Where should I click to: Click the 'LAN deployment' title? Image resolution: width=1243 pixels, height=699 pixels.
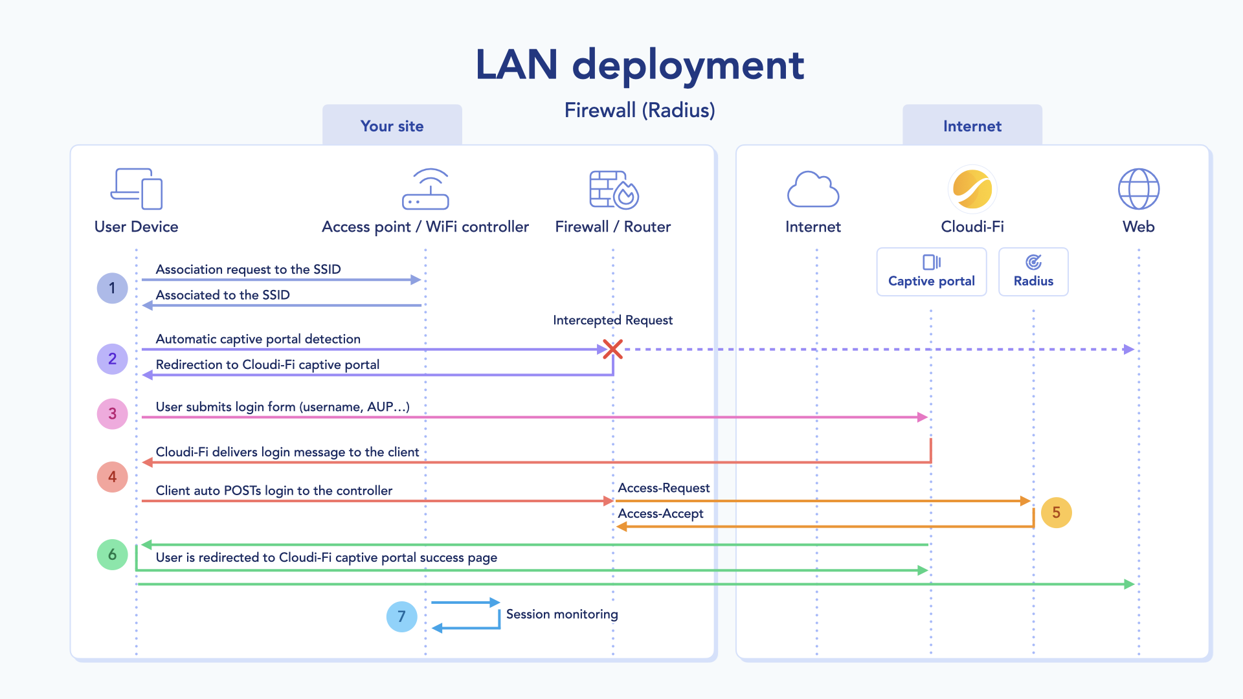pyautogui.click(x=640, y=65)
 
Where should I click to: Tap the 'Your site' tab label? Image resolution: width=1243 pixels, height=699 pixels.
pyautogui.click(x=392, y=126)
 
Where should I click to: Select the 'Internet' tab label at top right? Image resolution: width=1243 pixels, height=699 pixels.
pyautogui.click(x=972, y=126)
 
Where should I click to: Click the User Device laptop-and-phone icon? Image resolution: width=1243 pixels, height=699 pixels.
pyautogui.click(x=137, y=188)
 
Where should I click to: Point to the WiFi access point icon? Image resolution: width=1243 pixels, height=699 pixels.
pyautogui.click(x=425, y=189)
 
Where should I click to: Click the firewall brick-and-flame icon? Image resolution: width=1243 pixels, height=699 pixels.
pyautogui.click(x=613, y=190)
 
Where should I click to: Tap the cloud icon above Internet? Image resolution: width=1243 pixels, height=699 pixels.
pyautogui.click(x=812, y=189)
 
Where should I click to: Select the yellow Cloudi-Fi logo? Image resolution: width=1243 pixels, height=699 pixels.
pyautogui.click(x=972, y=189)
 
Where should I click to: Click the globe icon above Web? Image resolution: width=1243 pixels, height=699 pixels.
pyautogui.click(x=1138, y=189)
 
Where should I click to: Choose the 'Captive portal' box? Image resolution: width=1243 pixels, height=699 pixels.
pyautogui.click(x=931, y=272)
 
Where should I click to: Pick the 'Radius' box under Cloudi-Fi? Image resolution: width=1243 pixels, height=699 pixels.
pyautogui.click(x=1033, y=272)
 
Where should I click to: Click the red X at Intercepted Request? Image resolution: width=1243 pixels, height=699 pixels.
pyautogui.click(x=612, y=349)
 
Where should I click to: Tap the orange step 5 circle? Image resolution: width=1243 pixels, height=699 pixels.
pyautogui.click(x=1056, y=513)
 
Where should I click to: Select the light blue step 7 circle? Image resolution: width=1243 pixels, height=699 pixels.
pyautogui.click(x=401, y=616)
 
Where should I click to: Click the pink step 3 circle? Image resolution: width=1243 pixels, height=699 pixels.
pyautogui.click(x=112, y=414)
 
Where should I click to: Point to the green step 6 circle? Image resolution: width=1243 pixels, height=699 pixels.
pyautogui.click(x=112, y=555)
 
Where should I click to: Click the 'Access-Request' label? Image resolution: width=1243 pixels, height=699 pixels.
pyautogui.click(x=664, y=488)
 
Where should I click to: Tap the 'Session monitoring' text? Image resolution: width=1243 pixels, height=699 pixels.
pyautogui.click(x=561, y=614)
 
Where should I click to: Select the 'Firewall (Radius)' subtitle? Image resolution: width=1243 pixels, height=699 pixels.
pyautogui.click(x=640, y=110)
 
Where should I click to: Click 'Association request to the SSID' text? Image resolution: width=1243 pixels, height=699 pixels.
pyautogui.click(x=248, y=269)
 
